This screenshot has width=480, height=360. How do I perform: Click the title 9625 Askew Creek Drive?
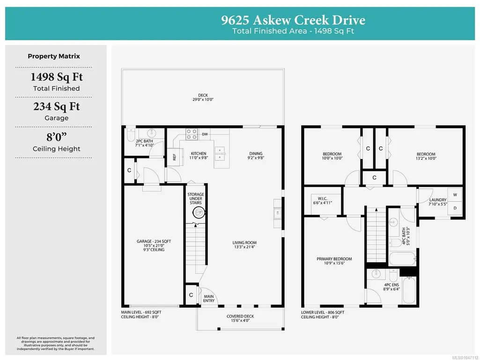coord(293,20)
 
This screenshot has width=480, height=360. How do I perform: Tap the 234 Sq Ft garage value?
coord(57,106)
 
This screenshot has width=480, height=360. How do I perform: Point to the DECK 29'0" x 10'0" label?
coord(203,97)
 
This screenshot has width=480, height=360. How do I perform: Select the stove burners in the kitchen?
coord(192,134)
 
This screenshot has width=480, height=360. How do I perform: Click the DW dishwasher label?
coord(205,134)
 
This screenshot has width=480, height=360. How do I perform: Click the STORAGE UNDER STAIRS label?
coord(196,199)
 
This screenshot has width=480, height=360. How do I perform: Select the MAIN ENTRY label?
coord(209,299)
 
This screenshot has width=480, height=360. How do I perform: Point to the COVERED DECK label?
coord(240,316)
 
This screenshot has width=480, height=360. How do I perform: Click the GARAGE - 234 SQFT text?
coord(154,241)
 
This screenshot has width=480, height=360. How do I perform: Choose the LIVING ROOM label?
coord(244,243)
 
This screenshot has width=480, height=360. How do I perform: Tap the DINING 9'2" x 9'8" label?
coord(256,156)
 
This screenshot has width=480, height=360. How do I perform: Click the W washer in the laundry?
coord(455,195)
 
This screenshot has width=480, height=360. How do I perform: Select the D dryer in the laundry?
coord(455,208)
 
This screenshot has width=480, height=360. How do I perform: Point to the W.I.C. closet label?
coord(322,199)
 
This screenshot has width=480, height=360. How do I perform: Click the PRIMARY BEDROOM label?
coord(334,259)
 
